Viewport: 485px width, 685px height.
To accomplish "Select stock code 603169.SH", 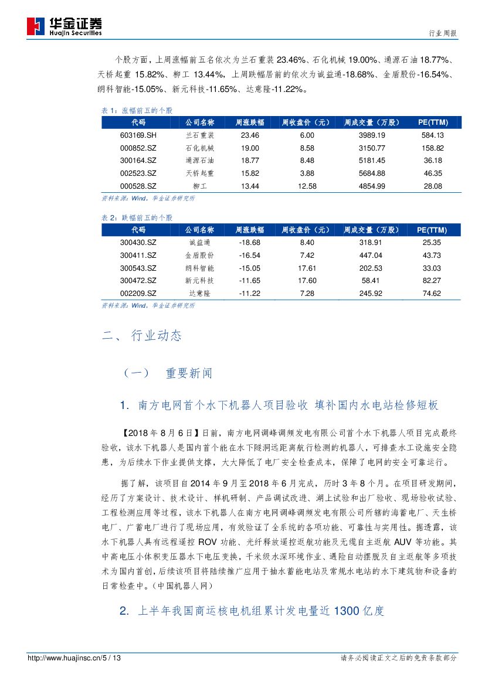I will pyautogui.click(x=138, y=135).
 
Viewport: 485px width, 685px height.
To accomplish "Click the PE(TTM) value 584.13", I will pyautogui.click(x=432, y=135).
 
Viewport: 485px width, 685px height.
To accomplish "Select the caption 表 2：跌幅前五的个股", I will pyautogui.click(x=137, y=217).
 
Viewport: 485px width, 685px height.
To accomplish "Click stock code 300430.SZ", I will pyautogui.click(x=138, y=242).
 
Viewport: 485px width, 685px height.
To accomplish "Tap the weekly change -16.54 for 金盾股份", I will pyautogui.click(x=250, y=255).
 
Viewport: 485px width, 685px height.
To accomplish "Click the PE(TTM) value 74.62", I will pyautogui.click(x=432, y=294).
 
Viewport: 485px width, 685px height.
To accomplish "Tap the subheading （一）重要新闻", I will pyautogui.click(x=168, y=373).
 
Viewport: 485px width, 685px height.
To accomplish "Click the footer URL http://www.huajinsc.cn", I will pyautogui.click(x=65, y=658).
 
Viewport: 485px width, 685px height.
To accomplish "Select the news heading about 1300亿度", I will pyautogui.click(x=252, y=611).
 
